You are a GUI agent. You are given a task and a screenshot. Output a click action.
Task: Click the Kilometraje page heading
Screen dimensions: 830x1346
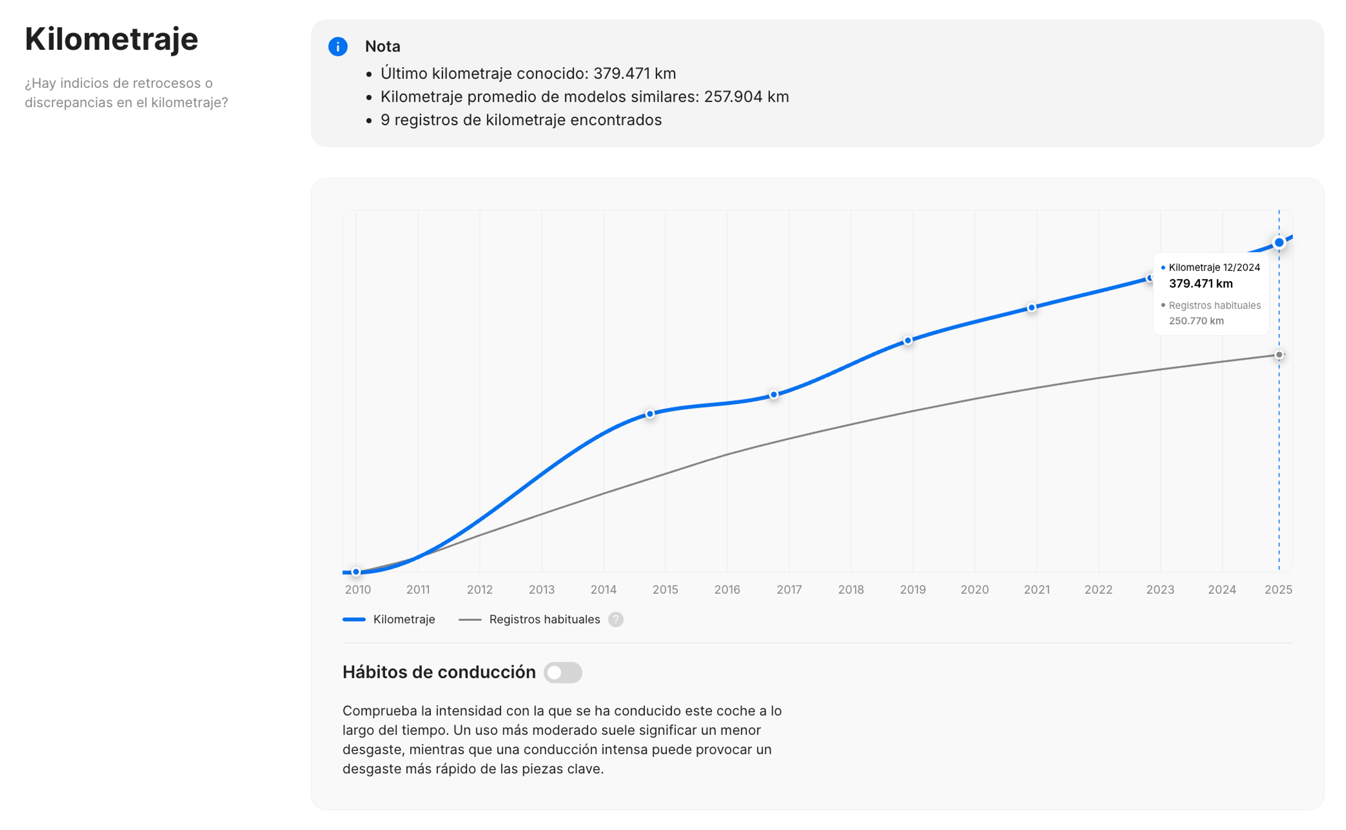coord(111,40)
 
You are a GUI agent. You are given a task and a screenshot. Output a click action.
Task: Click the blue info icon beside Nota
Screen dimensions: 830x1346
coord(338,47)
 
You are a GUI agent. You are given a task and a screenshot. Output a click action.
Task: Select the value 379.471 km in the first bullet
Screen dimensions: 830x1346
coord(634,74)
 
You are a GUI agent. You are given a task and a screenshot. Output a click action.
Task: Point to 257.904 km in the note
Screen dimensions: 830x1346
coord(746,97)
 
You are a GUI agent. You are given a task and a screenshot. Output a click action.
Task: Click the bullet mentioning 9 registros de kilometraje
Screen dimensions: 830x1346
coord(521,120)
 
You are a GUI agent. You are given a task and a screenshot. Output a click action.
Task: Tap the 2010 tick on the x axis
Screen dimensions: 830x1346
coord(358,590)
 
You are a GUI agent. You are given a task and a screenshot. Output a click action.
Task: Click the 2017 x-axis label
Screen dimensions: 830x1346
coord(789,590)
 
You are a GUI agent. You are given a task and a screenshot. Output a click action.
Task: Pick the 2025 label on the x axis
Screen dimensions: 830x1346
coord(1278,590)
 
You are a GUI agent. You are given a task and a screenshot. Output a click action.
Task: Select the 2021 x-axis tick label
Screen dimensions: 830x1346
coord(1036,590)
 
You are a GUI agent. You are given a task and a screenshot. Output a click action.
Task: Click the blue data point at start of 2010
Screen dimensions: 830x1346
coord(356,572)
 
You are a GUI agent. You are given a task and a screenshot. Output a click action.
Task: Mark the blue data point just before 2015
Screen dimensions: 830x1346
coord(650,414)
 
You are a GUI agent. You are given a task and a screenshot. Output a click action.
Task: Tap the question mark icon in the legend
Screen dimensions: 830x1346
coord(616,620)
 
